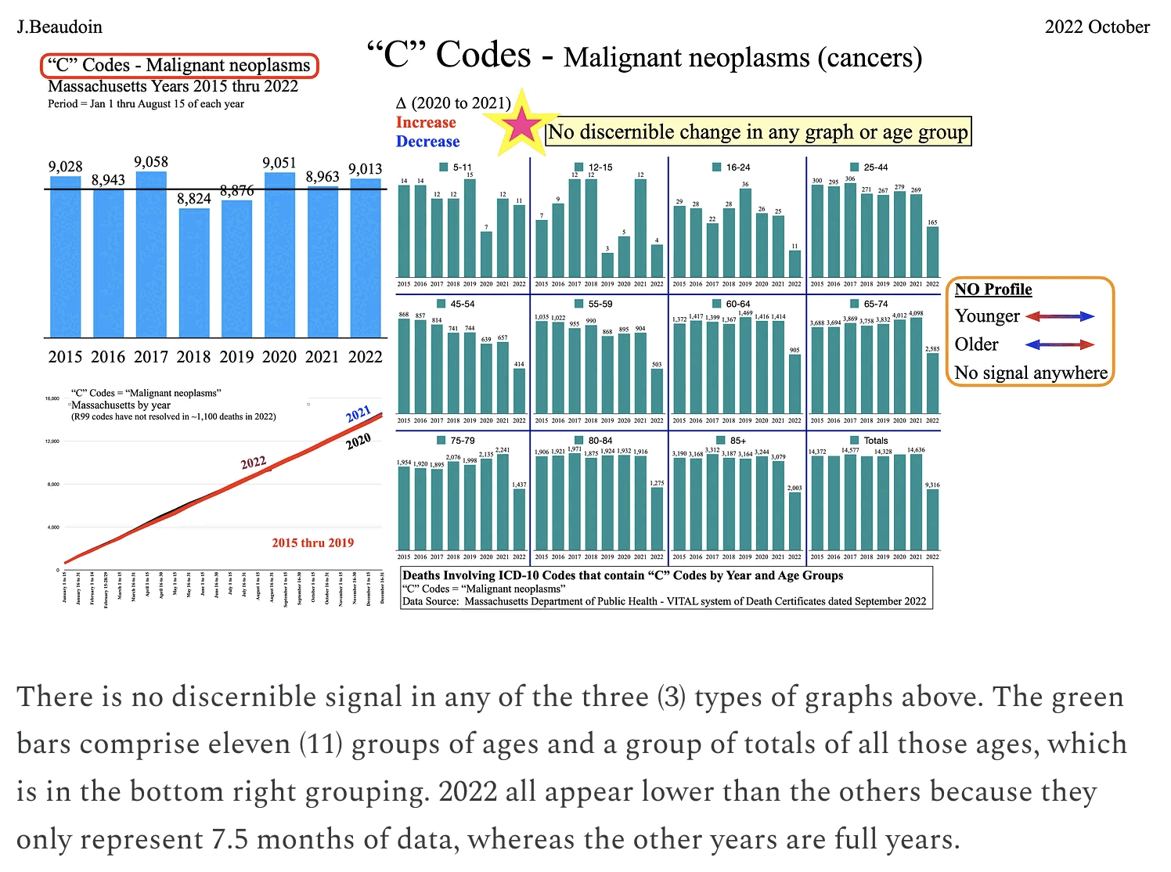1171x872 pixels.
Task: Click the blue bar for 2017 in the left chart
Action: click(x=151, y=254)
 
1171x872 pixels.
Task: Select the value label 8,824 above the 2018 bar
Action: click(x=194, y=199)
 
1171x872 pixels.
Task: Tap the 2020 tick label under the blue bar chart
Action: click(x=279, y=357)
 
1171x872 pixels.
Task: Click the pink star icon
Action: click(x=521, y=126)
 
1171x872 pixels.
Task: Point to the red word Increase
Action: click(x=426, y=122)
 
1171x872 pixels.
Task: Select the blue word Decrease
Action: click(x=427, y=142)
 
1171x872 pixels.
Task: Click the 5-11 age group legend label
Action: click(x=462, y=168)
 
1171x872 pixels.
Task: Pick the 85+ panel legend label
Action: click(x=737, y=441)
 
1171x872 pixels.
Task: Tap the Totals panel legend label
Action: click(x=876, y=441)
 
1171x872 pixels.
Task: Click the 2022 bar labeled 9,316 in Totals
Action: click(x=932, y=520)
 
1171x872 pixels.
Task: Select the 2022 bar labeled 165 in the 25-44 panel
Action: click(x=932, y=252)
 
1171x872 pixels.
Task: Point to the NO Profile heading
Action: click(x=993, y=290)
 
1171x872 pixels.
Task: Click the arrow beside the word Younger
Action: click(x=1060, y=316)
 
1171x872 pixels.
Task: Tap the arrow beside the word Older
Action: click(x=1060, y=344)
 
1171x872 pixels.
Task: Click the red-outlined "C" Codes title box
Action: click(x=180, y=66)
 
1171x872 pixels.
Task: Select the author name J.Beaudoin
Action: click(x=60, y=27)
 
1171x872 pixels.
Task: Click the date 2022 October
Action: click(x=1097, y=27)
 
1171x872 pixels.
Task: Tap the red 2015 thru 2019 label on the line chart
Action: click(x=312, y=543)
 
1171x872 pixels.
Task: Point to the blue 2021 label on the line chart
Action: click(x=359, y=414)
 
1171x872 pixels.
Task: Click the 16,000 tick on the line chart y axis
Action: click(x=52, y=399)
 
